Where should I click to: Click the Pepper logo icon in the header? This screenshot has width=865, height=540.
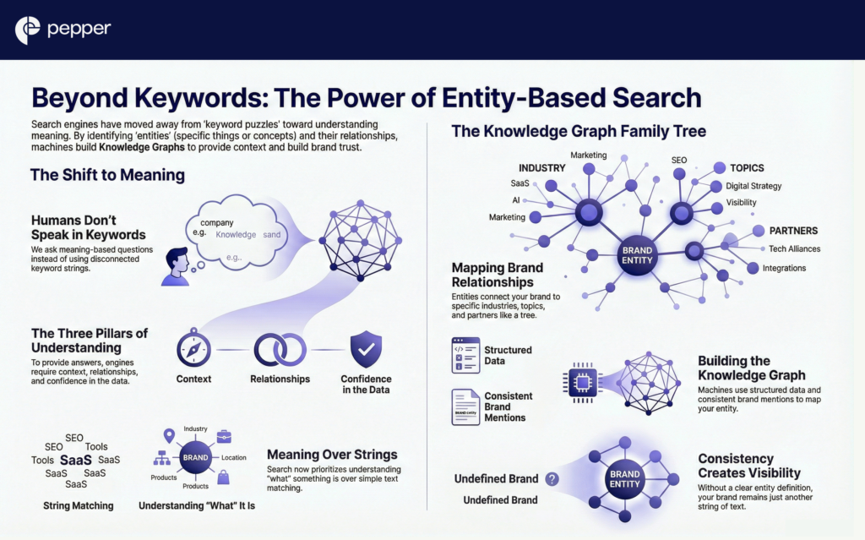tap(28, 30)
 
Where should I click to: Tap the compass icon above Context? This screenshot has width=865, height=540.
tap(193, 349)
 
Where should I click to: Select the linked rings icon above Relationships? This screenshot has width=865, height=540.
tap(280, 349)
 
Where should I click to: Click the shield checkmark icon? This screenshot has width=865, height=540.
tap(365, 348)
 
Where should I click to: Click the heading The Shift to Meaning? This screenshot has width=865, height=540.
tap(107, 176)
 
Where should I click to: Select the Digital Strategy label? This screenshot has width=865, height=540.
tap(753, 186)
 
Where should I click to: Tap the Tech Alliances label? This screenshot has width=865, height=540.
tap(794, 248)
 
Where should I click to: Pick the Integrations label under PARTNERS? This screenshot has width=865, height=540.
tap(784, 268)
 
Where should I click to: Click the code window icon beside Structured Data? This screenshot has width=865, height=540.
tap(465, 355)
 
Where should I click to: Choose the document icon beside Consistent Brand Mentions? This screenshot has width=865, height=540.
tap(465, 406)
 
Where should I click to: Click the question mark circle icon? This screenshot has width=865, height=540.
tap(552, 479)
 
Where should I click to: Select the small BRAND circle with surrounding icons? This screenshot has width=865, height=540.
tap(195, 457)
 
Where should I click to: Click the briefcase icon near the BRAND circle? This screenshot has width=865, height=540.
tap(224, 436)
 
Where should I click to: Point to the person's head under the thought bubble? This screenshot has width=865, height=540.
tap(176, 258)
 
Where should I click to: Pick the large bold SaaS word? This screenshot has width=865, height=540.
tap(75, 460)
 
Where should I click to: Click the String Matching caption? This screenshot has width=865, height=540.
tap(78, 506)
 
